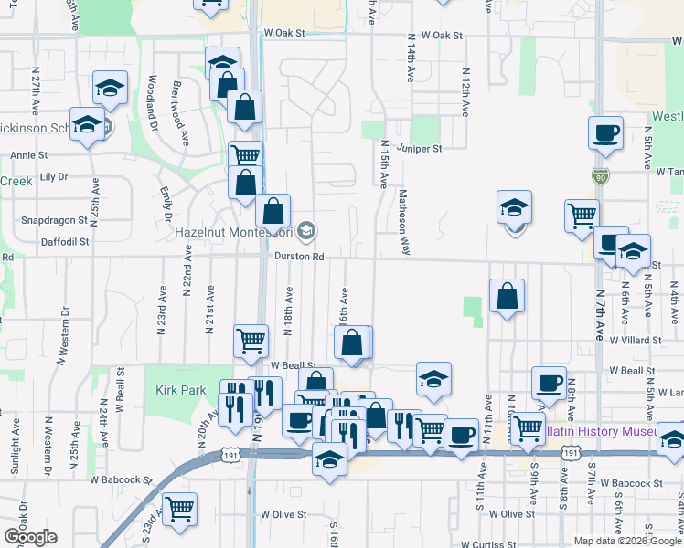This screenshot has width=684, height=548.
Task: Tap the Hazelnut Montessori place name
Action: coord(233,233)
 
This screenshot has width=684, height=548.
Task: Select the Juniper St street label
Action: coord(420,148)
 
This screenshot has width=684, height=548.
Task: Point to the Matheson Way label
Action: coord(401,223)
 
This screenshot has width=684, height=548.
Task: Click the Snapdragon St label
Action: coord(54,220)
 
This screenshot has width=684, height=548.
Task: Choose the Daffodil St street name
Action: coord(65,242)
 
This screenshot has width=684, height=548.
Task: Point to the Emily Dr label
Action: coord(167,205)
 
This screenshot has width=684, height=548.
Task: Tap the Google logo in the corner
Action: coord(30,536)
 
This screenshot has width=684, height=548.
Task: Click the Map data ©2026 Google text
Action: coord(628,541)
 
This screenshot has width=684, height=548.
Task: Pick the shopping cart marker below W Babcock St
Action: coord(180,508)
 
